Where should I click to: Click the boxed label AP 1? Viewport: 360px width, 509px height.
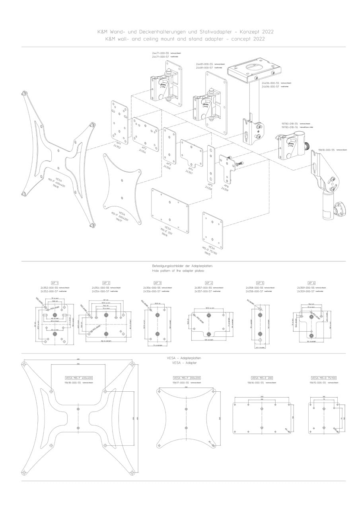pyautogui.click(x=55, y=283)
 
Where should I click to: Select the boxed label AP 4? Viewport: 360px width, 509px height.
pyautogui.click(x=209, y=283)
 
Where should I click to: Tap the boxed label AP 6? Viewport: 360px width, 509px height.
pyautogui.click(x=311, y=283)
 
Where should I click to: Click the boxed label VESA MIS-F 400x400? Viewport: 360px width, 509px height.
pyautogui.click(x=79, y=378)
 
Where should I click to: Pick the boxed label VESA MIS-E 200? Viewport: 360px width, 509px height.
pyautogui.click(x=262, y=378)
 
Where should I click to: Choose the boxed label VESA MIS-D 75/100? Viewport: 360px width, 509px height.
pyautogui.click(x=324, y=378)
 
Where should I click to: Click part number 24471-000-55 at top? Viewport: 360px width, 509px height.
pyautogui.click(x=160, y=53)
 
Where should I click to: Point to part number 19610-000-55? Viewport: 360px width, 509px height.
pyautogui.click(x=327, y=150)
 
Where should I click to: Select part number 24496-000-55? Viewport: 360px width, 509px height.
pyautogui.click(x=270, y=83)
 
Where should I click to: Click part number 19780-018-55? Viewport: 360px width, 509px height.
pyautogui.click(x=290, y=124)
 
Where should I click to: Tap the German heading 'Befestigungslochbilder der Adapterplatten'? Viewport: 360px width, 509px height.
pyautogui.click(x=183, y=266)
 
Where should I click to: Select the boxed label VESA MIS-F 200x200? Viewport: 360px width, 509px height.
pyautogui.click(x=187, y=378)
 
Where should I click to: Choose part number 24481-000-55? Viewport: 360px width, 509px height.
pyautogui.click(x=204, y=64)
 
